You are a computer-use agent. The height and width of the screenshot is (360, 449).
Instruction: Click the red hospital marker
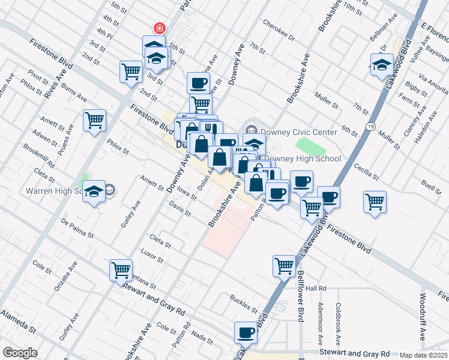tap(160, 28)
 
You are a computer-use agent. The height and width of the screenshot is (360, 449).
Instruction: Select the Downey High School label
tap(303, 159)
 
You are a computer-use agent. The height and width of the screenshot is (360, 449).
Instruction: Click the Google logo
tap(20, 353)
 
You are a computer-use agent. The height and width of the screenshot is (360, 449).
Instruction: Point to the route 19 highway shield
tap(373, 127)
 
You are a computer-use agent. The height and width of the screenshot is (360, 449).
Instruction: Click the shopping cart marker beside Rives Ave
tap(95, 121)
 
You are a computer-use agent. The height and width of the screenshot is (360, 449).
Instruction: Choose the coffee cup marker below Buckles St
tap(246, 332)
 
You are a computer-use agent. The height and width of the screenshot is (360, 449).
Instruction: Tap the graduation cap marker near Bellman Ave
tap(382, 65)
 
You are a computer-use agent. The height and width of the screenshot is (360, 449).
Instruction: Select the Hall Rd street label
tap(315, 288)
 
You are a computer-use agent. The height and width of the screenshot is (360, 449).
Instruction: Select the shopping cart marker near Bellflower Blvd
tap(284, 265)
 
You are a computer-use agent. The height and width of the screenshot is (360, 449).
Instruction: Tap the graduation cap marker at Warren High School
tap(94, 191)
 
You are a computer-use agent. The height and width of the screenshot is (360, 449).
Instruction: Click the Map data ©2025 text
tap(424, 355)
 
